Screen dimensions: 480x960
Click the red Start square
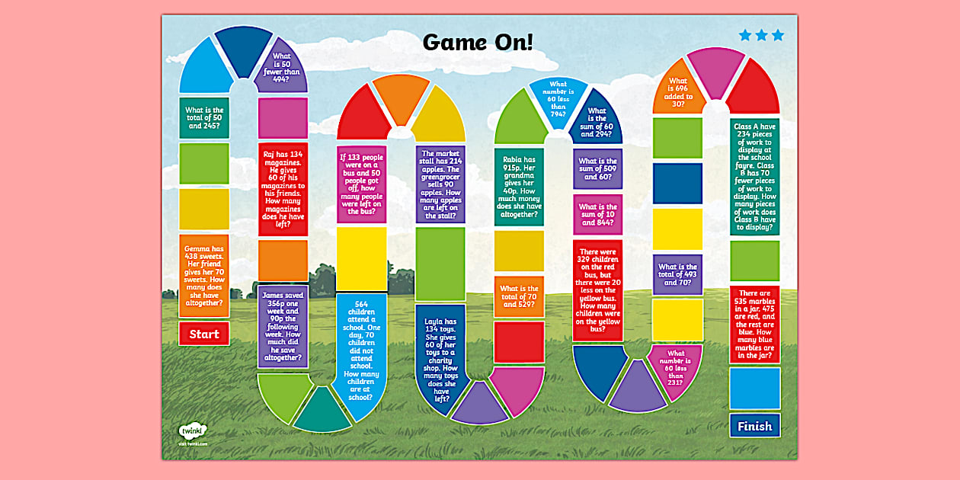204,334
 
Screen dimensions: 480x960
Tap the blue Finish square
754,426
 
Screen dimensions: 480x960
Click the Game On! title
478,42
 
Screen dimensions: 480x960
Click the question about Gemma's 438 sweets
204,276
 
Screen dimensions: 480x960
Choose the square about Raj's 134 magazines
283,189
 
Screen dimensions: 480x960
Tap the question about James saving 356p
283,325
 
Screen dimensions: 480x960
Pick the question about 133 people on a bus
361,184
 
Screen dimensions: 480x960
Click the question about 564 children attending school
361,351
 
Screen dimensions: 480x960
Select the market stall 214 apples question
440,184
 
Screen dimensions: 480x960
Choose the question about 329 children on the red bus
597,290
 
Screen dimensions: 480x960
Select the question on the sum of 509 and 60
597,169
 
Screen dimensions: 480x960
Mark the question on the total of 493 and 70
677,274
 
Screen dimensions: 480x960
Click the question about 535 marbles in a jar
754,324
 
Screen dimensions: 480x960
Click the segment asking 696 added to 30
678,91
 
